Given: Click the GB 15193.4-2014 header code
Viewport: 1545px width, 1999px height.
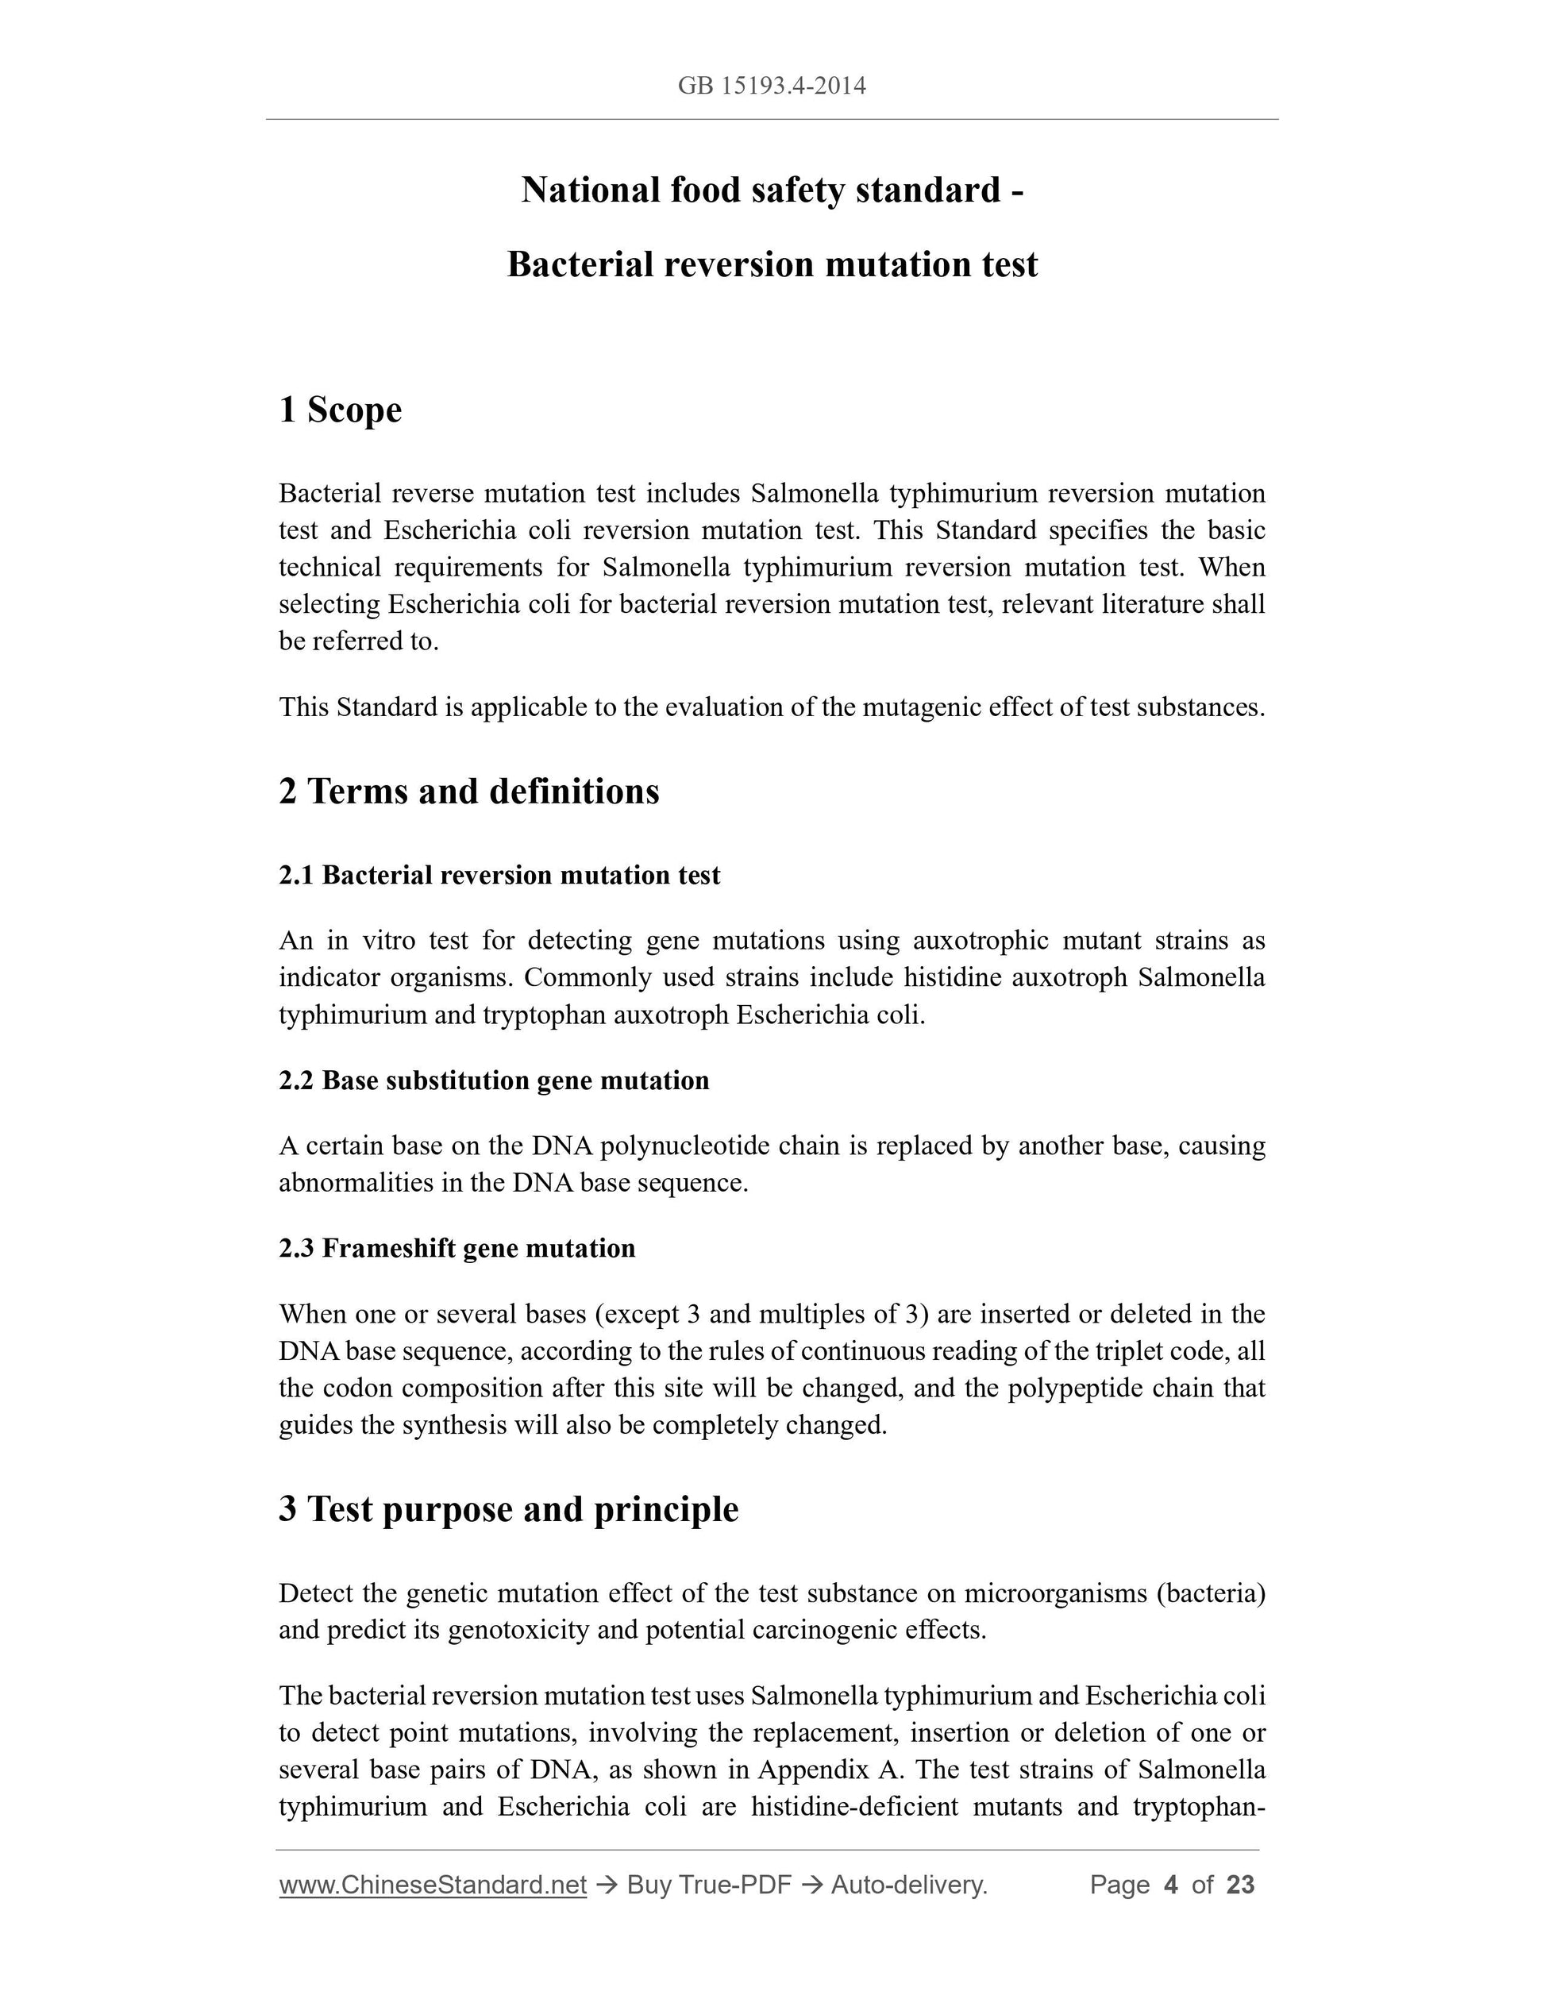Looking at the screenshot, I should coord(772,86).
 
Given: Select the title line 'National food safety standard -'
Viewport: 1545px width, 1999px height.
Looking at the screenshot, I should coord(772,191).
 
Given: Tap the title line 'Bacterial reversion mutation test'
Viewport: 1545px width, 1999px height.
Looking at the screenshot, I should coord(772,265).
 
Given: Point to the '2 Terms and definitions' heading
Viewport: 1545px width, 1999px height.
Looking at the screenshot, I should coord(468,792).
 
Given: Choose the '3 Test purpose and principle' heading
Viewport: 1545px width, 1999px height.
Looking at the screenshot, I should coord(508,1509).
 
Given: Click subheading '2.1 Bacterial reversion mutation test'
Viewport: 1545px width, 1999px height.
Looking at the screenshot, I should coord(499,876).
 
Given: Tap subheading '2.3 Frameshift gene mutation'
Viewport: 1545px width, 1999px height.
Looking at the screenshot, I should coord(457,1249).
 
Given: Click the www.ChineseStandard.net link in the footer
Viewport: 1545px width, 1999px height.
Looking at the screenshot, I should coord(432,1885).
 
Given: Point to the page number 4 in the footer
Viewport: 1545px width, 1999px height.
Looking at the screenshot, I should coord(1169,1885).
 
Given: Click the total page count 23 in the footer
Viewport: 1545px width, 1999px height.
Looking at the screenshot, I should coord(1240,1885).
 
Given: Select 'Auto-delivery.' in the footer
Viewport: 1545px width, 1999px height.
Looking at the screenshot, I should coord(909,1885).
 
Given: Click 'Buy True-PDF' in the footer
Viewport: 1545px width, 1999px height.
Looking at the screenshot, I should coord(708,1885).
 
